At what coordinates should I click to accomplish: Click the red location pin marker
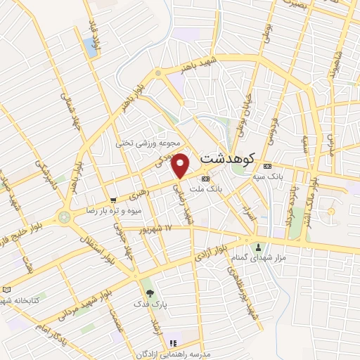point(181,165)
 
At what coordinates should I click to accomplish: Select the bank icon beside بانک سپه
point(266,166)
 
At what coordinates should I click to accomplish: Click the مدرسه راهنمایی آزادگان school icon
point(172,343)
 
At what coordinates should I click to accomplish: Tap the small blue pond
point(91,47)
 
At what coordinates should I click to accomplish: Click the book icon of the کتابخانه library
point(7,289)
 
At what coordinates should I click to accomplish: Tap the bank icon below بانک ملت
point(205,179)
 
